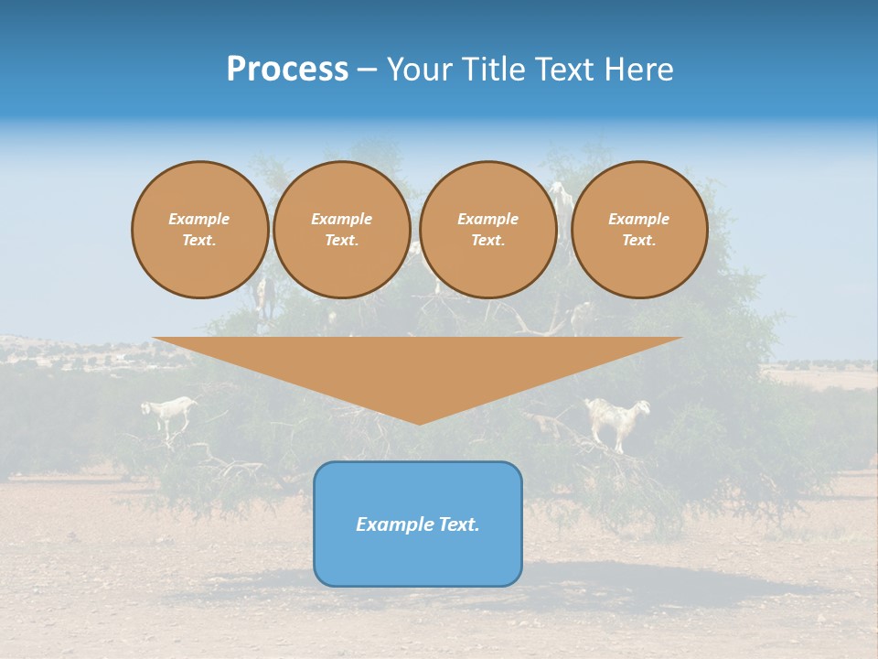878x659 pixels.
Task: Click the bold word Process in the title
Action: [287, 70]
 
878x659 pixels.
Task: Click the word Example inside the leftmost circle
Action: [199, 219]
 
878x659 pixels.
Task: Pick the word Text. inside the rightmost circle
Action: [638, 240]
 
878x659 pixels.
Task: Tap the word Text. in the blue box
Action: [459, 524]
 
